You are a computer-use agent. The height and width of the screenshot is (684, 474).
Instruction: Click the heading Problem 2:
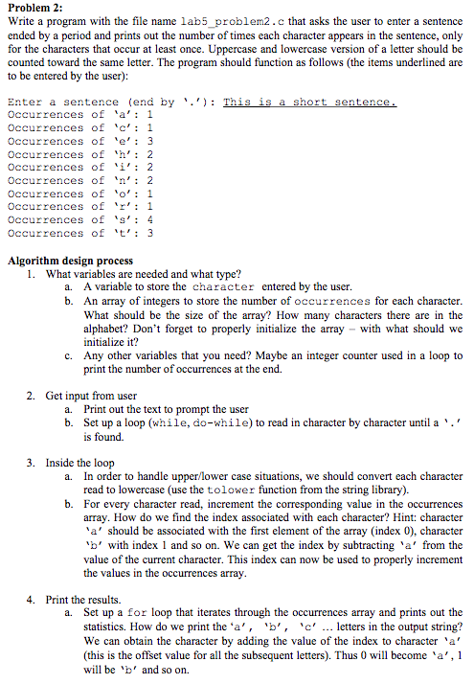[x=34, y=9]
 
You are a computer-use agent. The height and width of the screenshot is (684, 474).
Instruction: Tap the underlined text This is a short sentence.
[x=309, y=102]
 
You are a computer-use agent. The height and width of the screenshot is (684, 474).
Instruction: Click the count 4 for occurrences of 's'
[x=150, y=220]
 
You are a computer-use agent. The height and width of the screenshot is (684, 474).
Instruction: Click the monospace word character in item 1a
[x=223, y=287]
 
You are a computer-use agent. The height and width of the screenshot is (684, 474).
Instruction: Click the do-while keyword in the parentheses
[x=213, y=422]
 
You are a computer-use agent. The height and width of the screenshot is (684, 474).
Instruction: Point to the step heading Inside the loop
[x=79, y=463]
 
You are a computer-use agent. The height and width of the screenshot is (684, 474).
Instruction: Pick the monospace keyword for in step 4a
[x=135, y=613]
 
